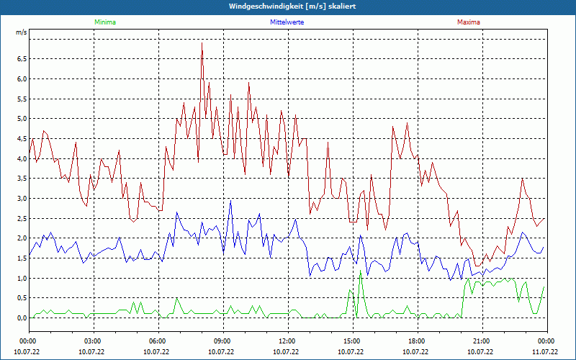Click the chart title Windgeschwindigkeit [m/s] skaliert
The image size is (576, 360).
[287, 6]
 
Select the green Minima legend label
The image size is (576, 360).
[105, 22]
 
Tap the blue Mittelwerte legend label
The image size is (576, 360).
[286, 22]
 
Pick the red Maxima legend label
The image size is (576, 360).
[469, 22]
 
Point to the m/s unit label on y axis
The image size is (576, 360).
[21, 32]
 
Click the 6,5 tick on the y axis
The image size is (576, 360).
[21, 59]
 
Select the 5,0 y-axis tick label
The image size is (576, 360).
[21, 119]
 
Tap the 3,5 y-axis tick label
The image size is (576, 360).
[21, 179]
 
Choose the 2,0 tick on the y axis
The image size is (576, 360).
[21, 238]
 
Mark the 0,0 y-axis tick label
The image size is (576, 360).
[21, 318]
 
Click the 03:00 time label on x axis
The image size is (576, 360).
[92, 341]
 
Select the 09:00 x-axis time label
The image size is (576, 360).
[222, 341]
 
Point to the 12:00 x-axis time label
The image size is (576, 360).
[287, 341]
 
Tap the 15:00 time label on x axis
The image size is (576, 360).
[351, 341]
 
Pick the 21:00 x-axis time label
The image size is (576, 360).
[481, 341]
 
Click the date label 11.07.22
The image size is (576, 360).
[545, 352]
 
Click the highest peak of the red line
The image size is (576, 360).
[202, 42]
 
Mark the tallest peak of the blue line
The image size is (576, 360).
[230, 200]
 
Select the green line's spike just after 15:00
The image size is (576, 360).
[360, 271]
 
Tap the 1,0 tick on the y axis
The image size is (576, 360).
[21, 279]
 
